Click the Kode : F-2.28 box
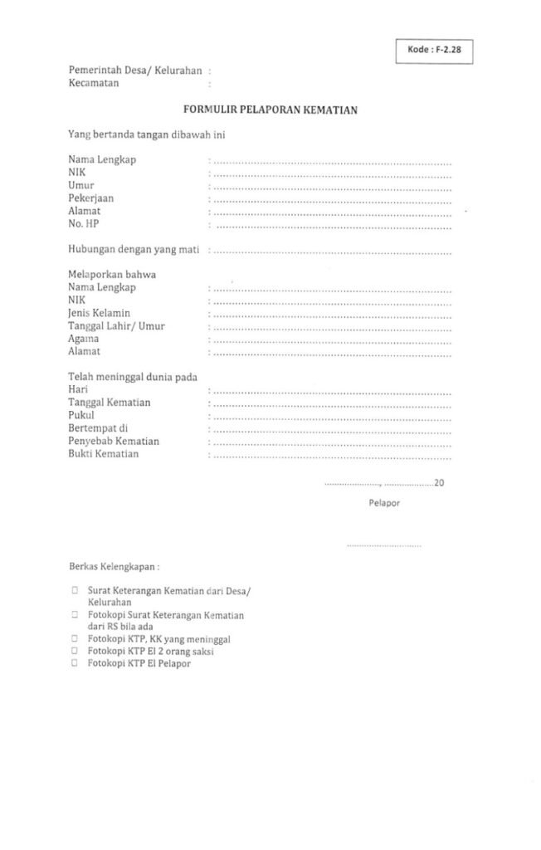(x=439, y=51)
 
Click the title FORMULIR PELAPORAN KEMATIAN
(x=270, y=109)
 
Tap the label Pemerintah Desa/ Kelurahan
(x=135, y=71)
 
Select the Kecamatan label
(x=95, y=83)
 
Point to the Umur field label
(x=80, y=185)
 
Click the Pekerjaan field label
(x=91, y=198)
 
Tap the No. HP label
(x=84, y=224)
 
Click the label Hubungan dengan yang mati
(x=135, y=250)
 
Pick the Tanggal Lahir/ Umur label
(x=116, y=326)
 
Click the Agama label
(x=84, y=339)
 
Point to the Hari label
(x=78, y=389)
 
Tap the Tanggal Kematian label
(x=110, y=403)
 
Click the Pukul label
(x=81, y=415)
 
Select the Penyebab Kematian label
(x=114, y=441)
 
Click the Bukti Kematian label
(x=104, y=454)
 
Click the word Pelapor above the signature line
(x=385, y=503)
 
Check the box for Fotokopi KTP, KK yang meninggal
(x=75, y=640)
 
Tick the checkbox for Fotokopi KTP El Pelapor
(x=75, y=664)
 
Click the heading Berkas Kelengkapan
(x=114, y=568)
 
